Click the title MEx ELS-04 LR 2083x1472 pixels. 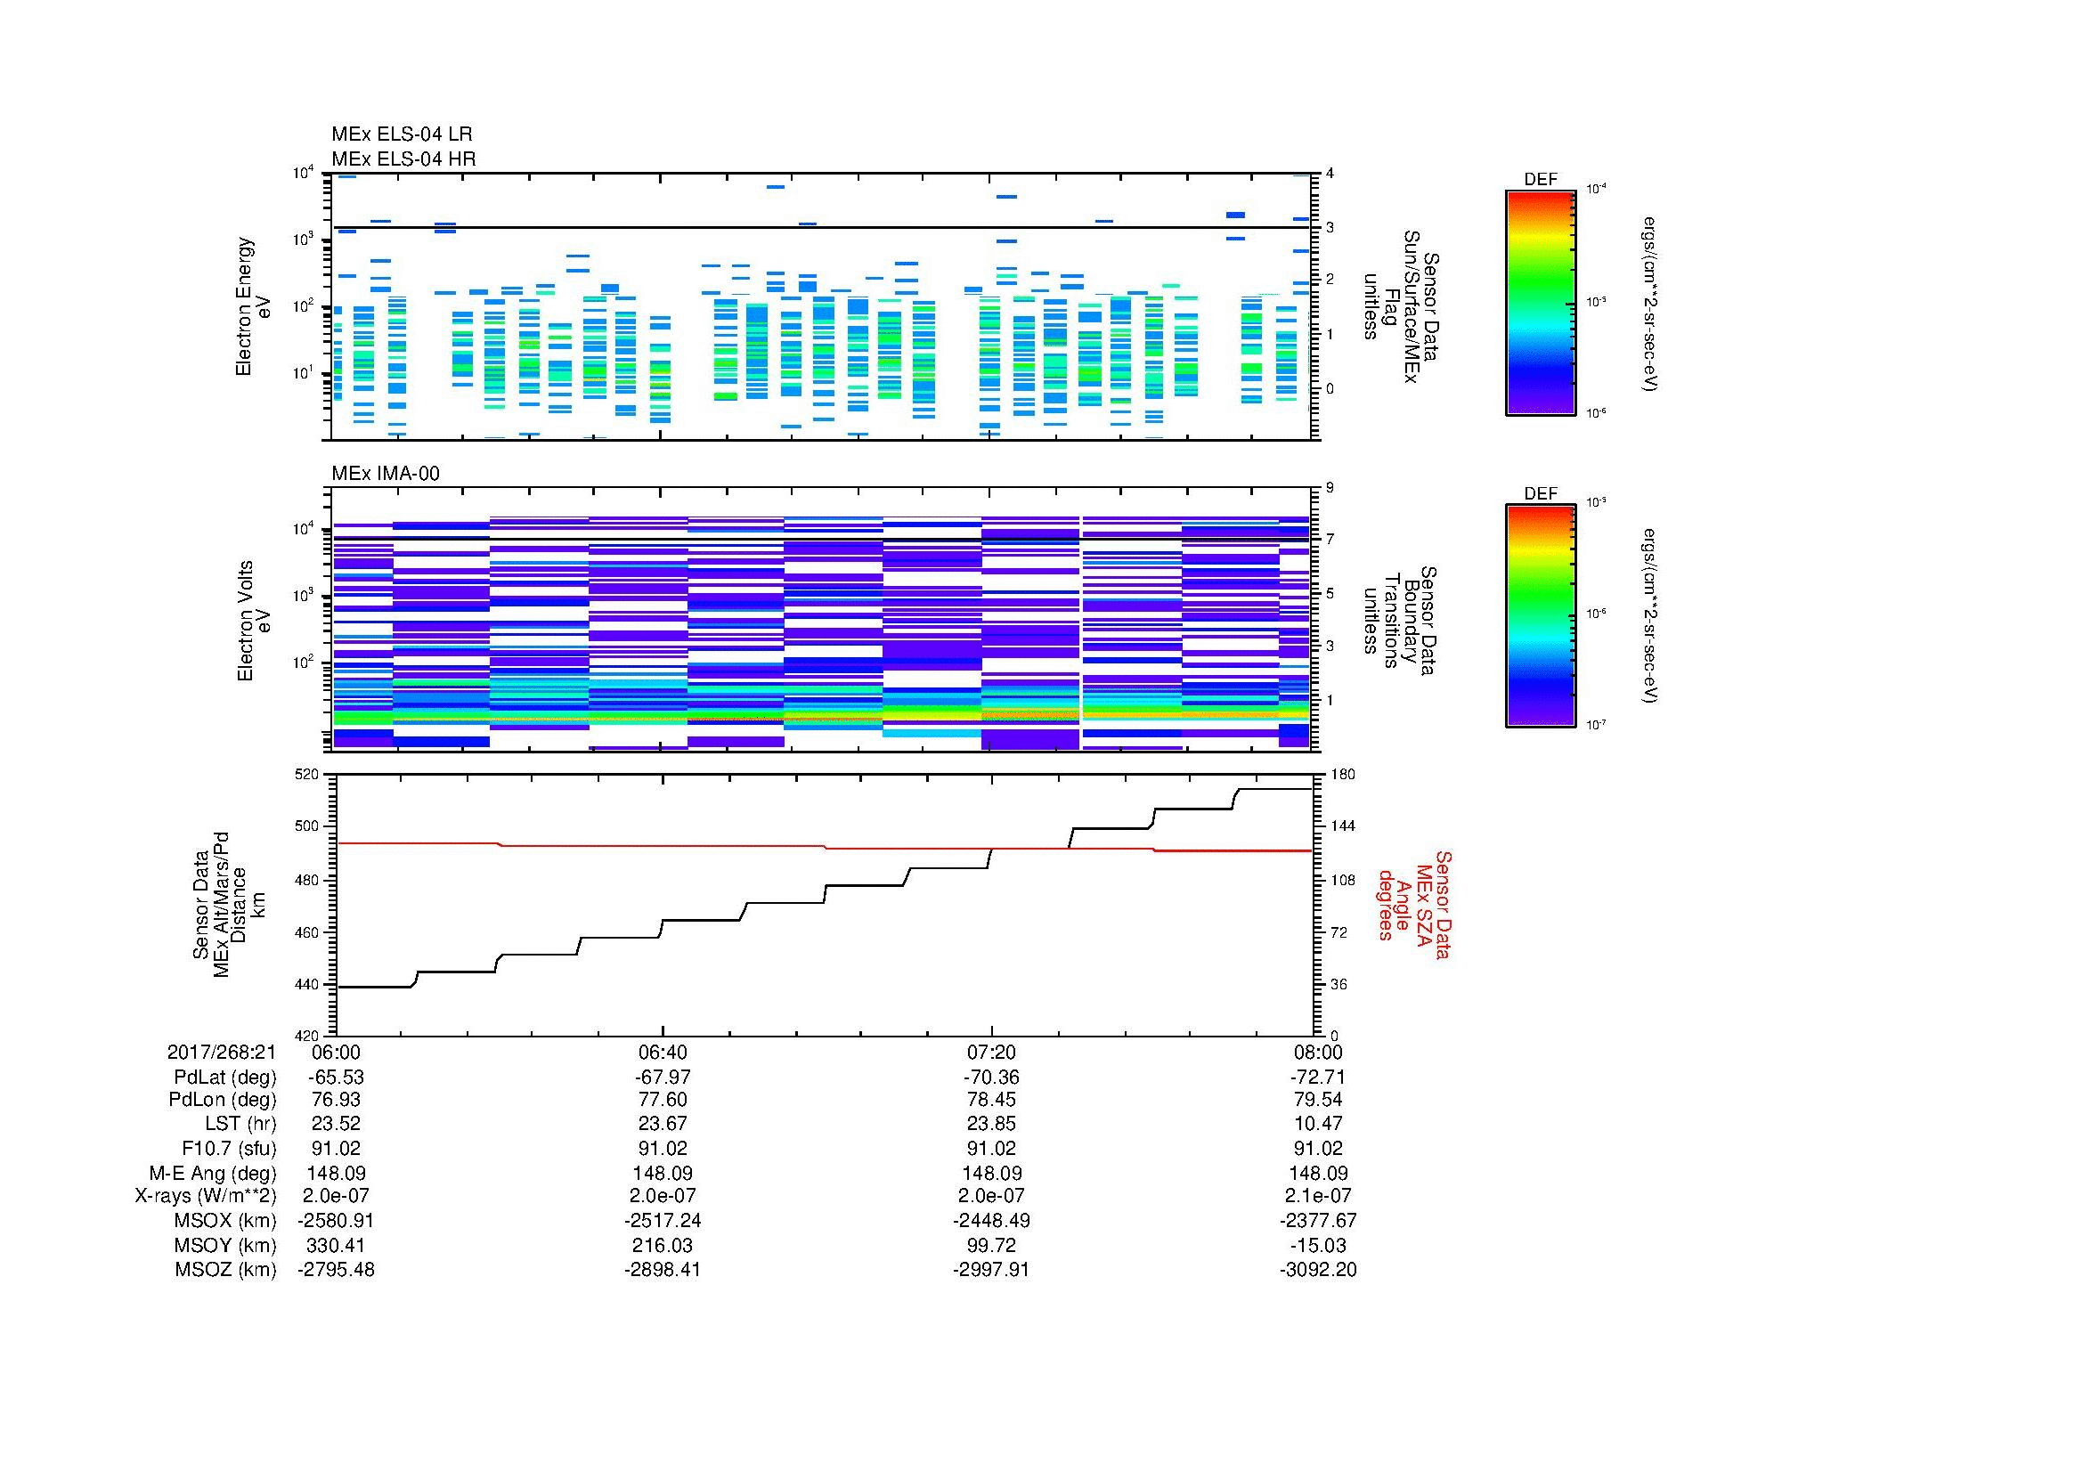click(x=401, y=134)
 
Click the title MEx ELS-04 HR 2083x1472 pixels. click(x=403, y=159)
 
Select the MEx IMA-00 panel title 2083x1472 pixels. click(x=385, y=474)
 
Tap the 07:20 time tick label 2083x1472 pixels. click(x=991, y=1052)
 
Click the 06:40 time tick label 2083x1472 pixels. click(x=663, y=1052)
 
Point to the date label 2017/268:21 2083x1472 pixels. click(x=222, y=1052)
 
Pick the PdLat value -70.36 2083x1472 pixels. click(x=991, y=1077)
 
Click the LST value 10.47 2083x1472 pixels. click(x=1317, y=1124)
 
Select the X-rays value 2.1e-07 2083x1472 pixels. click(x=1317, y=1196)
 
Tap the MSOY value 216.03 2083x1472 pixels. click(x=663, y=1245)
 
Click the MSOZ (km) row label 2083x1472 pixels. click(x=225, y=1270)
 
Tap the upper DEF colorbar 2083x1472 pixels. click(x=1540, y=303)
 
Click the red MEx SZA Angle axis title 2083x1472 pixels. click(x=1412, y=904)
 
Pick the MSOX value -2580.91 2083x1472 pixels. click(x=336, y=1221)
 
